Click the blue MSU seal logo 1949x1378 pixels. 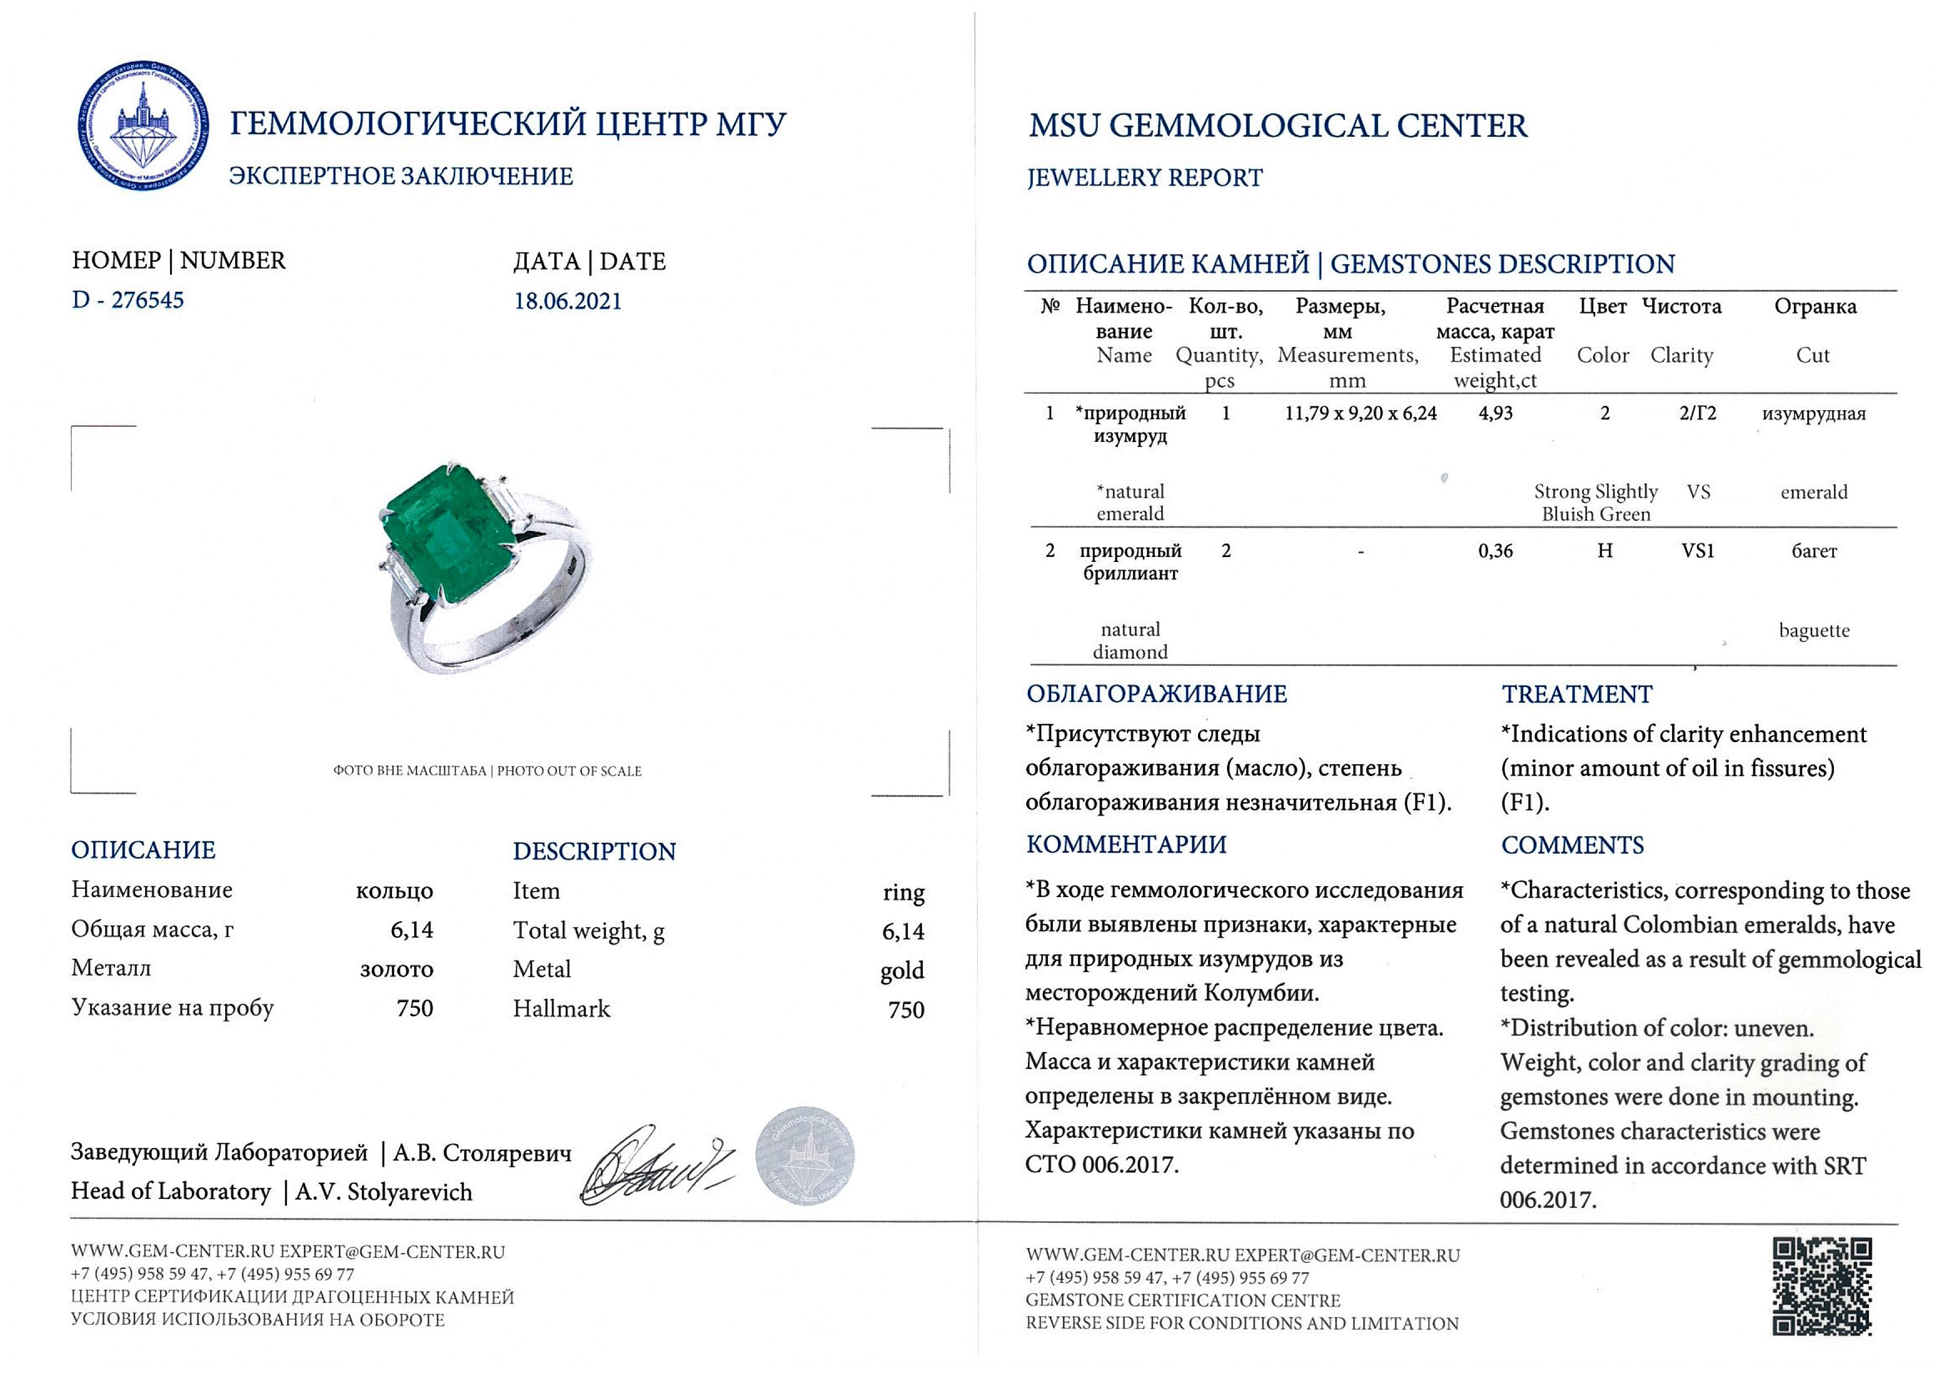[143, 126]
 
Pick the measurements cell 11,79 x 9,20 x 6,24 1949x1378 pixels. [1360, 414]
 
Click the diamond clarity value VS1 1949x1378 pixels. [1698, 551]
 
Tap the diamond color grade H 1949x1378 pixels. [1604, 551]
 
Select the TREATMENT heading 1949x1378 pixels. [1577, 694]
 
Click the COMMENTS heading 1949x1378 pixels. [1572, 845]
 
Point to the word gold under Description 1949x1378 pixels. [902, 971]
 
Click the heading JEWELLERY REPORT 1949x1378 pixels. [1144, 178]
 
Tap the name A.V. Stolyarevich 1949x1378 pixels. [384, 1192]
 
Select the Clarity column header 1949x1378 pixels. [1680, 356]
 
